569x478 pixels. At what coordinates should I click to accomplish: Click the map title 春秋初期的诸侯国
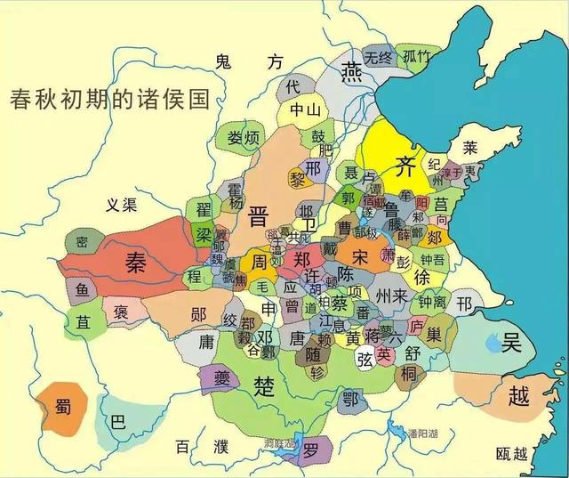[109, 97]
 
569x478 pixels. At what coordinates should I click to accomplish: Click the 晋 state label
[258, 215]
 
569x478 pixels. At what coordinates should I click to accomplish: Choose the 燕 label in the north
[353, 69]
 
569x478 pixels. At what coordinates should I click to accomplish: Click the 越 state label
[515, 395]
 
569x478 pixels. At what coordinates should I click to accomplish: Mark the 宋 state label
[359, 255]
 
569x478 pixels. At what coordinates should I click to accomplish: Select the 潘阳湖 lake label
[424, 433]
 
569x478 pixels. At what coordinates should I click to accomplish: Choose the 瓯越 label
[513, 454]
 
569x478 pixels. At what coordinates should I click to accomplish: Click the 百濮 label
[195, 445]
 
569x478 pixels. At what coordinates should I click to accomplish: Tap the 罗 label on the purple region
[310, 450]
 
